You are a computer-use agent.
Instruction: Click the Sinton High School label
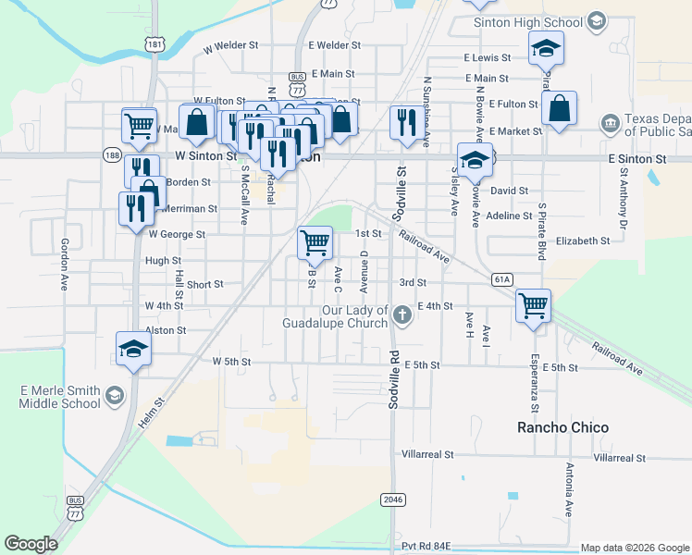[527, 22]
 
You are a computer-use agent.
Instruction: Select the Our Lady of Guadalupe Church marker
[402, 315]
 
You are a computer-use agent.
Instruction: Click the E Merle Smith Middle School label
[59, 397]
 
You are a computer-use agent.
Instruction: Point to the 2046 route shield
[392, 499]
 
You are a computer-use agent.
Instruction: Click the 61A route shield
[502, 278]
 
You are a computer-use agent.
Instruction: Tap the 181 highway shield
[154, 44]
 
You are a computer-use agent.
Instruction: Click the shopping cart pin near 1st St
[315, 243]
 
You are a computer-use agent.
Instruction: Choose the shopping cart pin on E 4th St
[534, 305]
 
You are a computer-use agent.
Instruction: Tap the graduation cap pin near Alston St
[134, 351]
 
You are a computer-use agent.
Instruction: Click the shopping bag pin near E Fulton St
[560, 108]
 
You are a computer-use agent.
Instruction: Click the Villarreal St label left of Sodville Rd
[427, 455]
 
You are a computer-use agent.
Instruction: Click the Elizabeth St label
[583, 240]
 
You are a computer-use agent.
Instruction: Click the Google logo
[31, 543]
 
